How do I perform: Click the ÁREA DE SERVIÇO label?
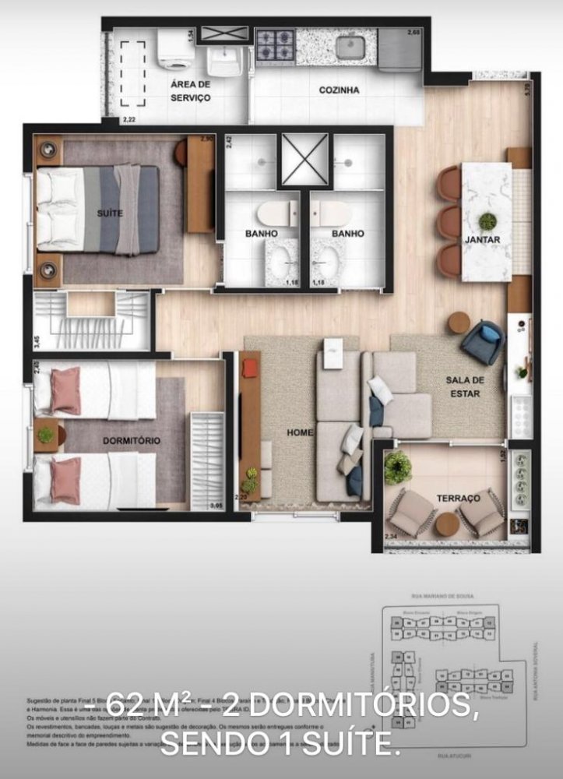[191, 90]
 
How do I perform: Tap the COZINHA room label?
[339, 90]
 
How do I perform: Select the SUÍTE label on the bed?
[109, 212]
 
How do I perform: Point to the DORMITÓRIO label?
[132, 441]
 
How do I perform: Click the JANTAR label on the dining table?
[483, 240]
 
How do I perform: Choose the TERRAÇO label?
[459, 498]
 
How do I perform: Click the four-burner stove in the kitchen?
[276, 46]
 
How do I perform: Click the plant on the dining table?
[487, 221]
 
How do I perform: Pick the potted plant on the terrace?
[397, 466]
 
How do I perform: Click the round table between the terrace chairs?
[447, 523]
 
